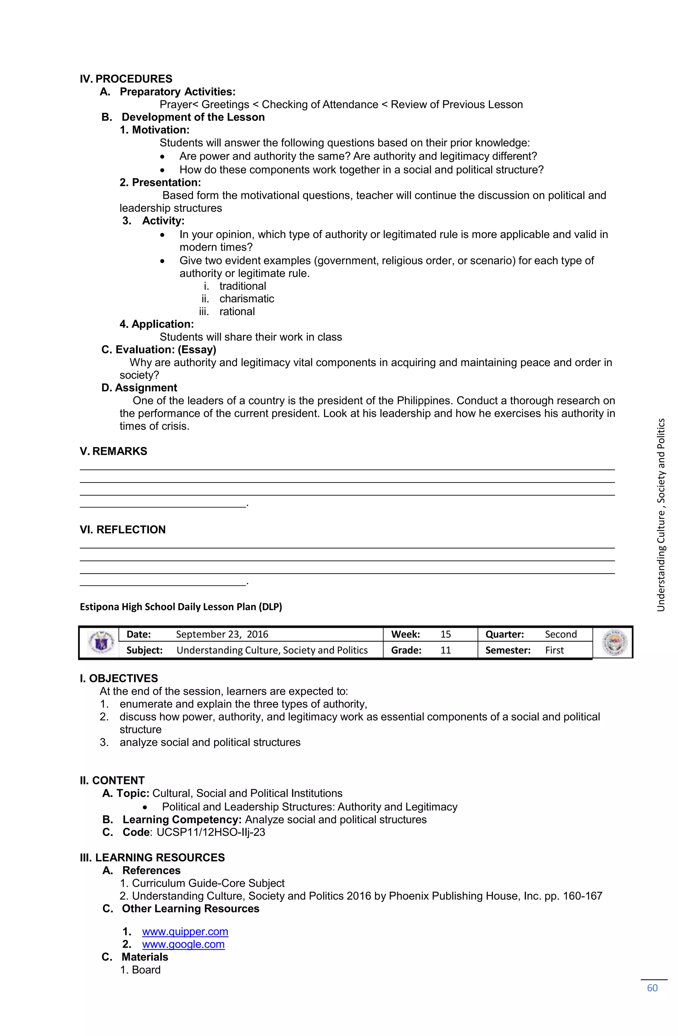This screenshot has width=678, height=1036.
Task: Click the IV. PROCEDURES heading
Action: (125, 79)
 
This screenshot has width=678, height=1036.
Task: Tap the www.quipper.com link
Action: (185, 931)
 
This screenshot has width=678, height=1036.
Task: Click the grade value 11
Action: (445, 650)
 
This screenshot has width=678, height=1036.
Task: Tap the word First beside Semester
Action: (554, 650)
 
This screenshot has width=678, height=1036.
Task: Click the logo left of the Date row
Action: (99, 642)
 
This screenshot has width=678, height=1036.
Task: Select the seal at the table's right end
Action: (614, 642)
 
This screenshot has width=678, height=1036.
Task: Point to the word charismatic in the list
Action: (247, 299)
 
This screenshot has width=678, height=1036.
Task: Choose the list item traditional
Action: (242, 286)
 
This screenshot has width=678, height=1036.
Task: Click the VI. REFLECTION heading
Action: (122, 530)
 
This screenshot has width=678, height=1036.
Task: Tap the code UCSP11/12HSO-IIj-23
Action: (211, 832)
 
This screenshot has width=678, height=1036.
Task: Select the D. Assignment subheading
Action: (139, 388)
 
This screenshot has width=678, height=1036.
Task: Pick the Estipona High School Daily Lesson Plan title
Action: (181, 607)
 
